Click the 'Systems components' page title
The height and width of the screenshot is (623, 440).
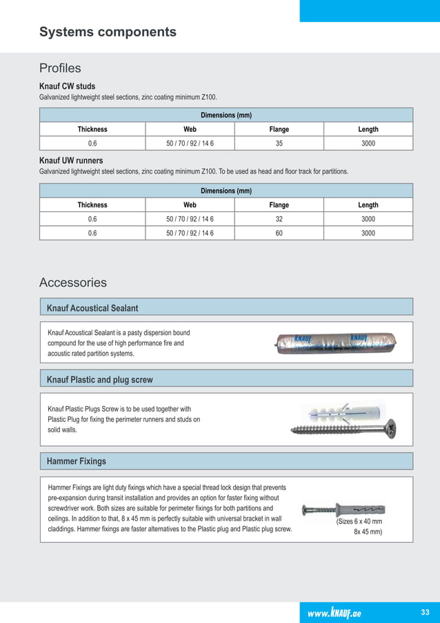pyautogui.click(x=108, y=32)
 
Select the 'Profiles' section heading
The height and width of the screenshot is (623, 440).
pyautogui.click(x=60, y=68)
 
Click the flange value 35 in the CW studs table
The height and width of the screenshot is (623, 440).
pyautogui.click(x=279, y=143)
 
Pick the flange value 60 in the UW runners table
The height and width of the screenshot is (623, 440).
pyautogui.click(x=279, y=233)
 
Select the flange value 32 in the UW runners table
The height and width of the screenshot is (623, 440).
pyautogui.click(x=279, y=219)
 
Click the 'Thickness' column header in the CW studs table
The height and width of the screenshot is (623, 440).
pyautogui.click(x=92, y=129)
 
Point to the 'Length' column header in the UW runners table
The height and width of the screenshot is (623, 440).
pyautogui.click(x=368, y=205)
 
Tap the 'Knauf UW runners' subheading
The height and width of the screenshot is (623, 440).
pyautogui.click(x=71, y=161)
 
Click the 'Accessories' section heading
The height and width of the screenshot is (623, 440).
pyautogui.click(x=73, y=282)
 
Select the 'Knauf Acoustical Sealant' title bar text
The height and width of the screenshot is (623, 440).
pyautogui.click(x=92, y=307)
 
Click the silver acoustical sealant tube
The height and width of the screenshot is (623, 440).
pyautogui.click(x=328, y=343)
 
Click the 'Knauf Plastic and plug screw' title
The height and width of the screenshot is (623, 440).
pyautogui.click(x=99, y=379)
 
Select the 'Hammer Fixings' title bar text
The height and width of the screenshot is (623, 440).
pyautogui.click(x=76, y=461)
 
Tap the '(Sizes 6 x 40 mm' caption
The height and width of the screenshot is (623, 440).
pyautogui.click(x=359, y=521)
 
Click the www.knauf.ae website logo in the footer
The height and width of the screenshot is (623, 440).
pyautogui.click(x=334, y=613)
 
